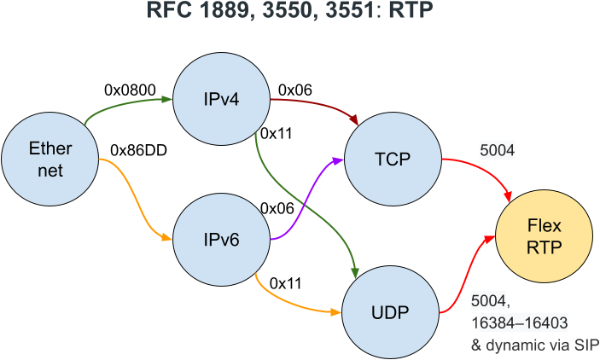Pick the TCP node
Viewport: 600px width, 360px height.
coord(392,160)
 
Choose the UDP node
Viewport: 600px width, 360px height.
coord(391,311)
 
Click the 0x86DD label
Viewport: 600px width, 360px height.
coord(139,150)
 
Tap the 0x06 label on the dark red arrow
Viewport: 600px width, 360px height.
coord(296,89)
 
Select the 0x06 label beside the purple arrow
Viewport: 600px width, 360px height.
coord(277,208)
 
